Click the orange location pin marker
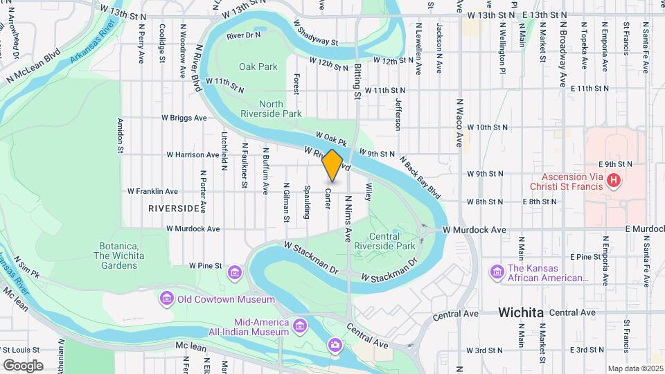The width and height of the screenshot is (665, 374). (332, 165)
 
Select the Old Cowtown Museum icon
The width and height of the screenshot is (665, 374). (166, 299)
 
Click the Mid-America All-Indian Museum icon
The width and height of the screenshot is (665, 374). (299, 326)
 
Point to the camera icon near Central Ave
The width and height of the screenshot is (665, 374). (335, 345)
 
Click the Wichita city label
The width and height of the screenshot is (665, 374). (520, 312)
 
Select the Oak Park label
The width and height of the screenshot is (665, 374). (258, 66)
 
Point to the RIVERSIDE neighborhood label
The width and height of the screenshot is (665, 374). (173, 208)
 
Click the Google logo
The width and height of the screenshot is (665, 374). (23, 365)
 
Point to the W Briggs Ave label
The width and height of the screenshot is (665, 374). (184, 118)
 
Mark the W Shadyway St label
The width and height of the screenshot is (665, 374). (315, 33)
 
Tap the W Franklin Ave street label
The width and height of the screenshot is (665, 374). (152, 191)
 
